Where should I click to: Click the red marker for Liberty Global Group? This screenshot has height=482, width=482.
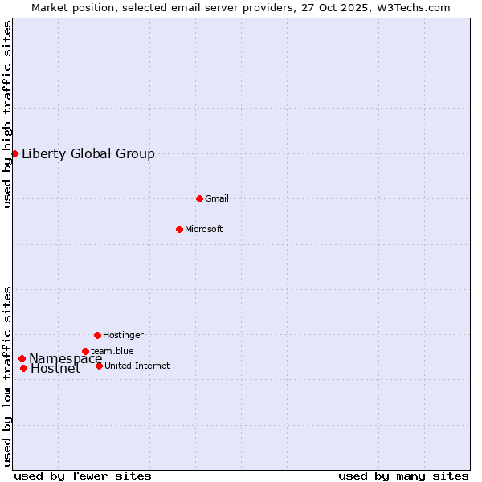14,153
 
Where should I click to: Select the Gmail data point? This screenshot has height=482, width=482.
199,198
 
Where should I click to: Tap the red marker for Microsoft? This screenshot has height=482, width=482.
179,229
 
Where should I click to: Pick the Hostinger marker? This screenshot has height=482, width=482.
97,335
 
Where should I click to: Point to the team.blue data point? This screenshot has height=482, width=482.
85,351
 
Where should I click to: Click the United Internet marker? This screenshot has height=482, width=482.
99,366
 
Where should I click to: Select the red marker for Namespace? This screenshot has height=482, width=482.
22,358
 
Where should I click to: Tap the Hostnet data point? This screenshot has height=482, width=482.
24,369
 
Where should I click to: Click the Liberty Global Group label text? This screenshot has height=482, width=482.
88,154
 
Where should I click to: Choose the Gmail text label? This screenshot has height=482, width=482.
217,199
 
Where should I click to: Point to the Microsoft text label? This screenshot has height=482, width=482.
204,230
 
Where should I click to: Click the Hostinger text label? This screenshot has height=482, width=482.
123,336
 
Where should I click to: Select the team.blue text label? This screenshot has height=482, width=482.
112,352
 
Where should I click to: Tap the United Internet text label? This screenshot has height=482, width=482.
137,366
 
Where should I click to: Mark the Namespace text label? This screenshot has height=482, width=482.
66,359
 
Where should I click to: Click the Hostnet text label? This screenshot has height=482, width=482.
55,370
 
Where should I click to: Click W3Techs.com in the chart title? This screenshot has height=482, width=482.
411,8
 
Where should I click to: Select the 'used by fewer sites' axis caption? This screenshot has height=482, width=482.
83,476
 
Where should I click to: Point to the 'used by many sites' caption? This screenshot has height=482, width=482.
403,476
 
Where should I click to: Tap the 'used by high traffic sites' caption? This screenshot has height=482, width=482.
8,114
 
